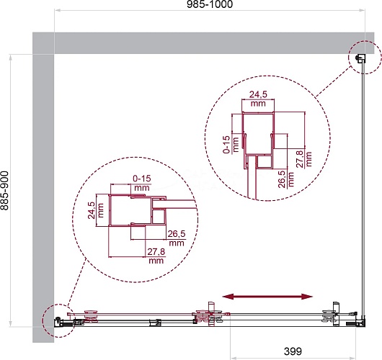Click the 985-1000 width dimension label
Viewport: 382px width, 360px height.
[210, 4]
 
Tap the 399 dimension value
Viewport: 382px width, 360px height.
[293, 351]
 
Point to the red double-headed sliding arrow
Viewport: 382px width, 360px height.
[267, 297]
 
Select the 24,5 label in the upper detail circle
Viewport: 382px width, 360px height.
[258, 94]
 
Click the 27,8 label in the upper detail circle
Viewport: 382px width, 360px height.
[299, 159]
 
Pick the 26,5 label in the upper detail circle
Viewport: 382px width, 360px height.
[282, 179]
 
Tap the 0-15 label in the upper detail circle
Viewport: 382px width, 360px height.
[226, 144]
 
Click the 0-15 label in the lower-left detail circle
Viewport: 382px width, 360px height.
[142, 179]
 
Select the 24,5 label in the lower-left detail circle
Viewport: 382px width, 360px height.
[92, 210]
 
